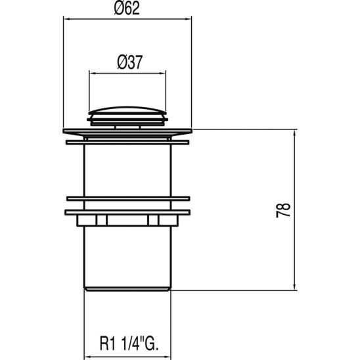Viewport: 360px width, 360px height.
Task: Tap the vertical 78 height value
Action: click(283, 211)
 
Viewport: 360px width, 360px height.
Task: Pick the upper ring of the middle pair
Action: click(129, 198)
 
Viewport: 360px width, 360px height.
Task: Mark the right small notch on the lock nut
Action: click(152, 220)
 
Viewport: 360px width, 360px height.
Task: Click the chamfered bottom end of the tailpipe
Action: click(129, 288)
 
